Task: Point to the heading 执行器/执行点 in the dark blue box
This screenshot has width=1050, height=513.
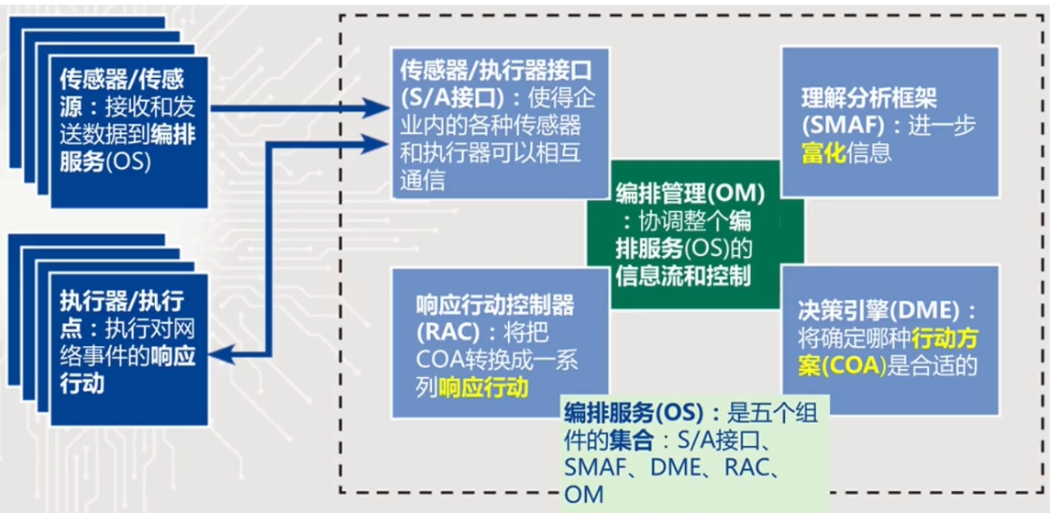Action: tap(121, 300)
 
